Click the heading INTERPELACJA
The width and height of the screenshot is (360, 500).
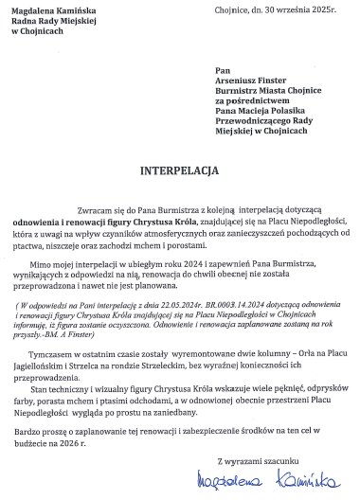pyautogui.click(x=180, y=172)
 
